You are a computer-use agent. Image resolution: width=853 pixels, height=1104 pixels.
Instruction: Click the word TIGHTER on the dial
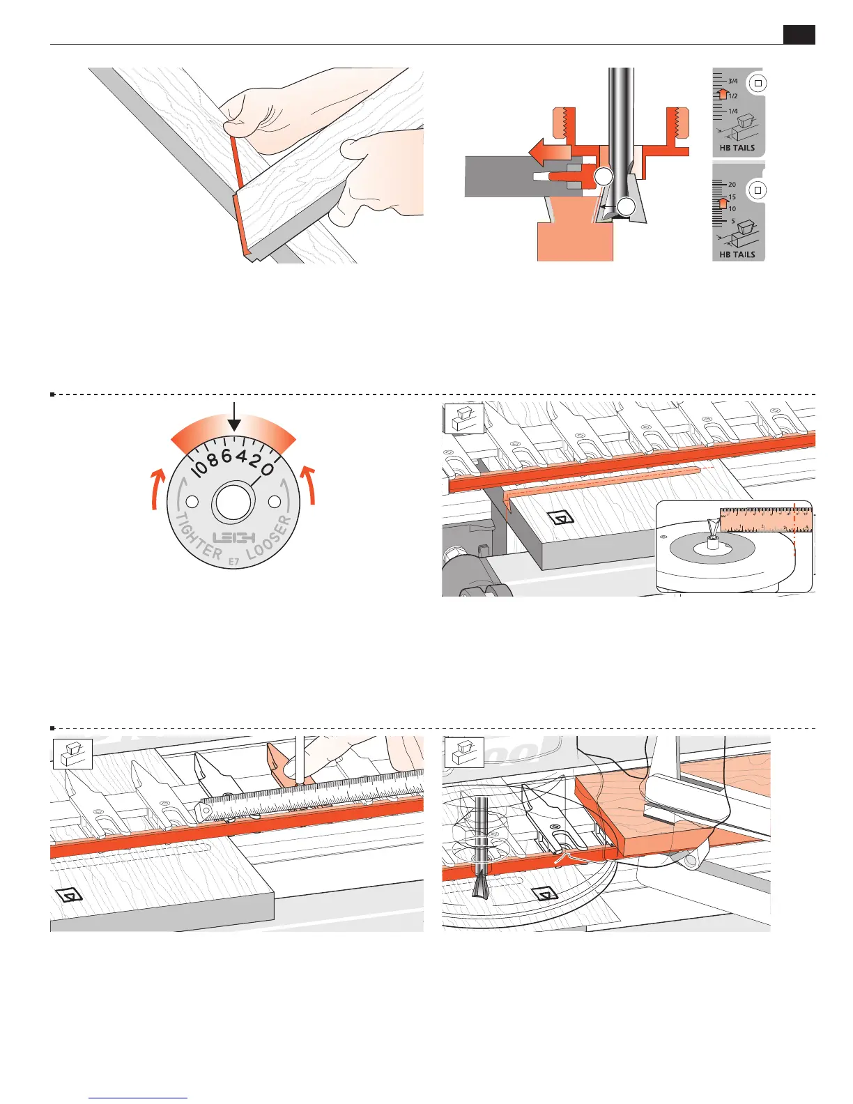(x=196, y=537)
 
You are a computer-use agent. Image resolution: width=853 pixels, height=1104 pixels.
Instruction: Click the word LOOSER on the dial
(x=273, y=538)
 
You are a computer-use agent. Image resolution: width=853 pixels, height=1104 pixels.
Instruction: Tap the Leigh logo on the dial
(x=234, y=537)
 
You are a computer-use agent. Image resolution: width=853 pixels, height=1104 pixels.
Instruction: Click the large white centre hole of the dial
(x=233, y=502)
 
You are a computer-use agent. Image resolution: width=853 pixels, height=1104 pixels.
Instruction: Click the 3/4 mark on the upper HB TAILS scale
(x=732, y=81)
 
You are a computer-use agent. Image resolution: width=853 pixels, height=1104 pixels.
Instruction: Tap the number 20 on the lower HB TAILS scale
(x=732, y=185)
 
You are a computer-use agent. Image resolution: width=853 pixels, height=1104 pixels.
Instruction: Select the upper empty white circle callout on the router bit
(x=604, y=177)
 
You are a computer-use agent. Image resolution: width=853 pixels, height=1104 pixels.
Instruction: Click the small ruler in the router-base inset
(x=766, y=520)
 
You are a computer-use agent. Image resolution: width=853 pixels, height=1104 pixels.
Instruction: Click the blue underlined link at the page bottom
(x=138, y=1098)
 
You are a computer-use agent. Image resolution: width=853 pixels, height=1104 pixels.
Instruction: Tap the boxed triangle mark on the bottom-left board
(x=70, y=896)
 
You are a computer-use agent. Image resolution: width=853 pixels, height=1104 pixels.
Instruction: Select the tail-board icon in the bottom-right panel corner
(x=464, y=753)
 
